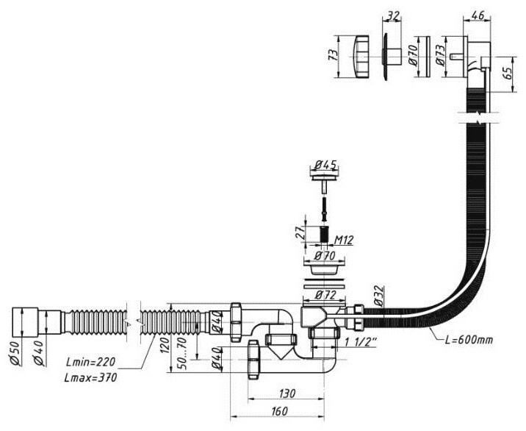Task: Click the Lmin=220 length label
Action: [x=90, y=363]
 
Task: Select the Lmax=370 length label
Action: [x=90, y=377]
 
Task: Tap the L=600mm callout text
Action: [x=469, y=340]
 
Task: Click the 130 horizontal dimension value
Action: [x=287, y=393]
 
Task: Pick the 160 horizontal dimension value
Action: [x=278, y=411]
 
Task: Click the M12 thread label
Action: [x=344, y=240]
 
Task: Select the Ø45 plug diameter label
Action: [x=325, y=165]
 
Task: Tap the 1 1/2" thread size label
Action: [x=361, y=342]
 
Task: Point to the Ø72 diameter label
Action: [x=325, y=295]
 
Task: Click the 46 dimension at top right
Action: [x=478, y=15]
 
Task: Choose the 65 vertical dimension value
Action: [x=508, y=74]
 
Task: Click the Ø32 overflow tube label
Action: [x=378, y=296]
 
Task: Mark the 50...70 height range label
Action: [x=182, y=353]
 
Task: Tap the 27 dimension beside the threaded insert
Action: [x=300, y=233]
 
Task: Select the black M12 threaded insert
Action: [x=323, y=234]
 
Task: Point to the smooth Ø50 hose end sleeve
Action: [x=25, y=321]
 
